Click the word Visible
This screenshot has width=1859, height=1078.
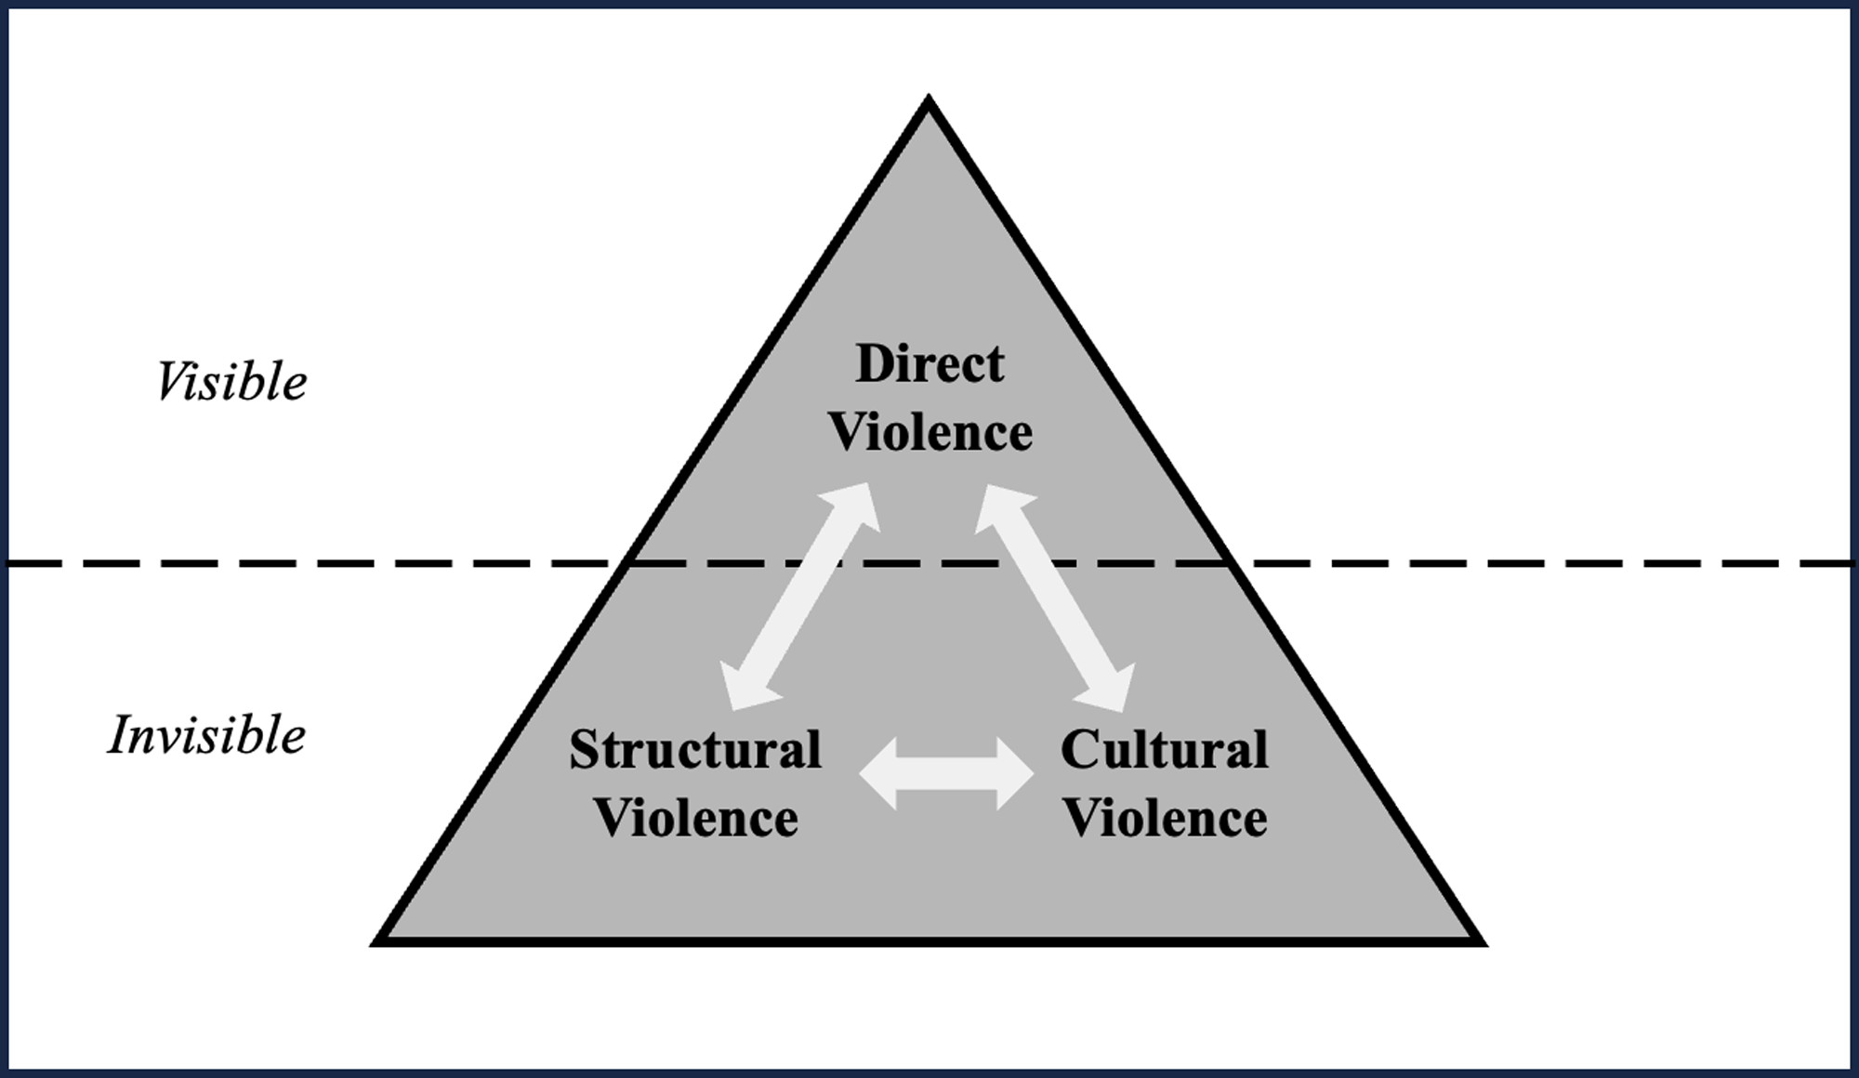231,382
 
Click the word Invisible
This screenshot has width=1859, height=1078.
207,736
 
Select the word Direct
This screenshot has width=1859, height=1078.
929,363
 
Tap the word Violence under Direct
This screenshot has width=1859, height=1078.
929,433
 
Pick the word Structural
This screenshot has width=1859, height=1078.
695,750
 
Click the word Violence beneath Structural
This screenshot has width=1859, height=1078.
695,819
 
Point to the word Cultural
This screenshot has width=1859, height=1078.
1164,750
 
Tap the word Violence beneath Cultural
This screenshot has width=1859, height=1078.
1164,819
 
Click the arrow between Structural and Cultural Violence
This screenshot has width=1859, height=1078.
946,773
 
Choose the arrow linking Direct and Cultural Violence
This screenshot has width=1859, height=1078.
1055,597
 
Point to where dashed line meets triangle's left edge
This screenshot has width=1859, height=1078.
628,563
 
